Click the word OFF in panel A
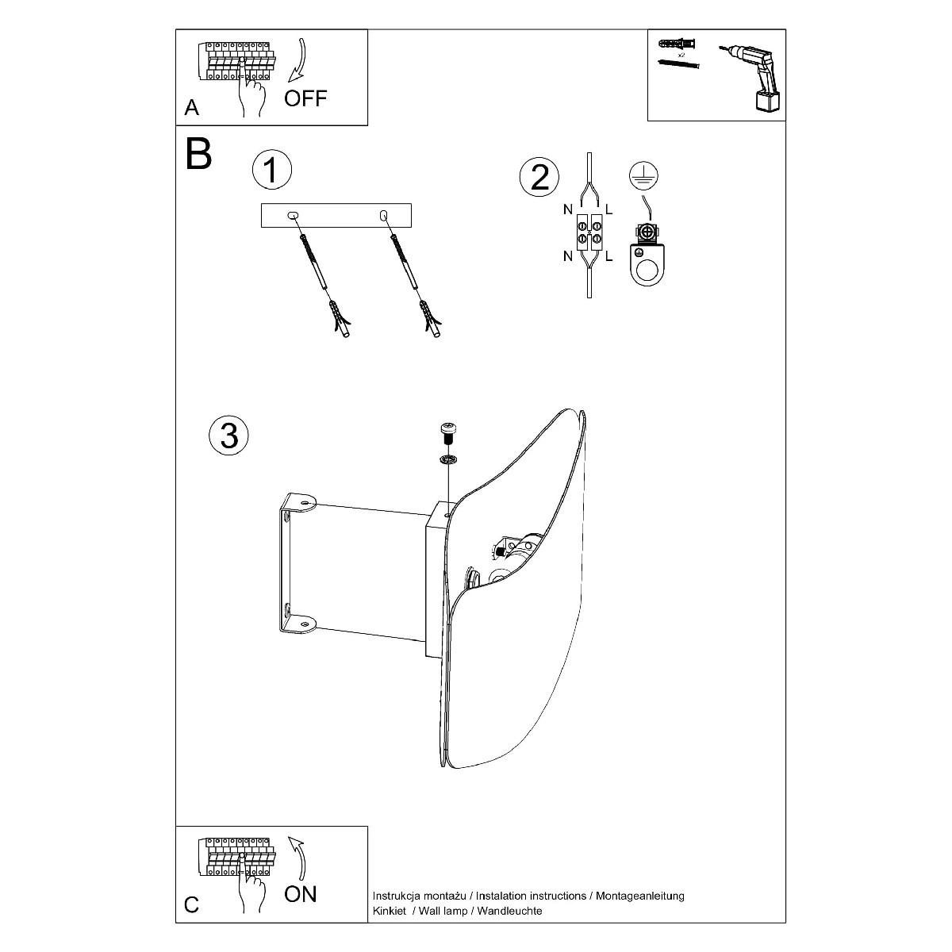[305, 98]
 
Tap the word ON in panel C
[301, 894]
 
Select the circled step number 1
[272, 170]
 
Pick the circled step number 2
[539, 177]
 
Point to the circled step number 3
[228, 436]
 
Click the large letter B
[198, 154]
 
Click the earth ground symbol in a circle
[643, 176]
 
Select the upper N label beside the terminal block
[568, 210]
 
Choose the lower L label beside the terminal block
[608, 256]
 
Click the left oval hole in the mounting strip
[293, 216]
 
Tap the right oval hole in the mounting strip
[383, 216]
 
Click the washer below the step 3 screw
[448, 459]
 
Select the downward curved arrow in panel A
[297, 60]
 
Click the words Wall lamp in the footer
[443, 911]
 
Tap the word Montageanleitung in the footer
[639, 896]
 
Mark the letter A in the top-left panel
[191, 108]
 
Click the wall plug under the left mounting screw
[340, 319]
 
